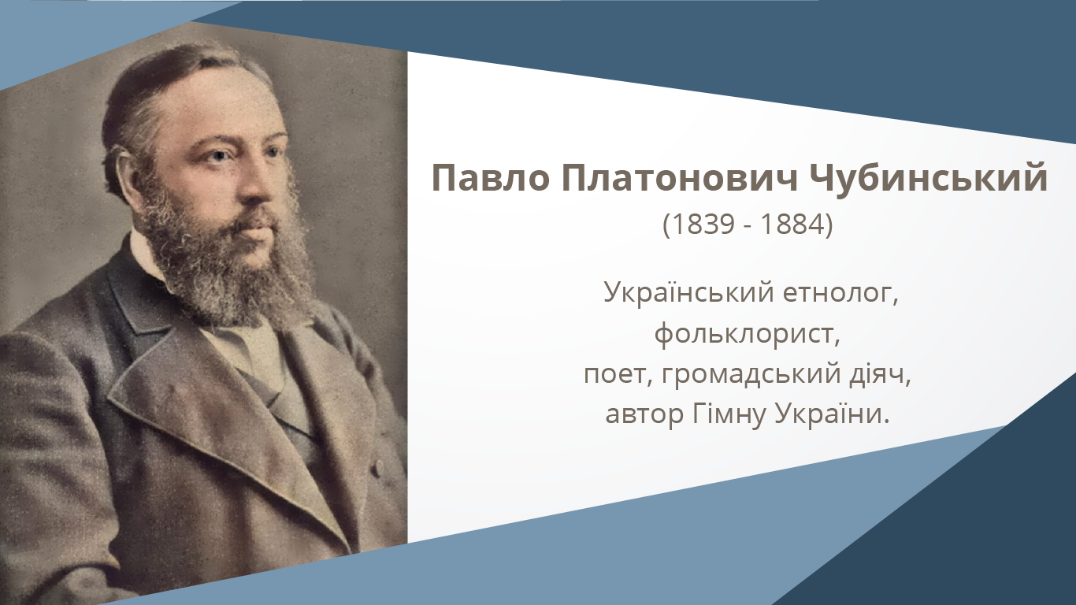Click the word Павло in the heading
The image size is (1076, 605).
click(x=491, y=177)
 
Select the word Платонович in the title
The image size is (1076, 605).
click(x=679, y=177)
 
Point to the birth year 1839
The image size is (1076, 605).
click(x=703, y=224)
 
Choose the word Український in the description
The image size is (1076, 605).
click(x=688, y=292)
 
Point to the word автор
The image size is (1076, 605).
click(x=644, y=414)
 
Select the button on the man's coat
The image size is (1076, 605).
click(x=379, y=466)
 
